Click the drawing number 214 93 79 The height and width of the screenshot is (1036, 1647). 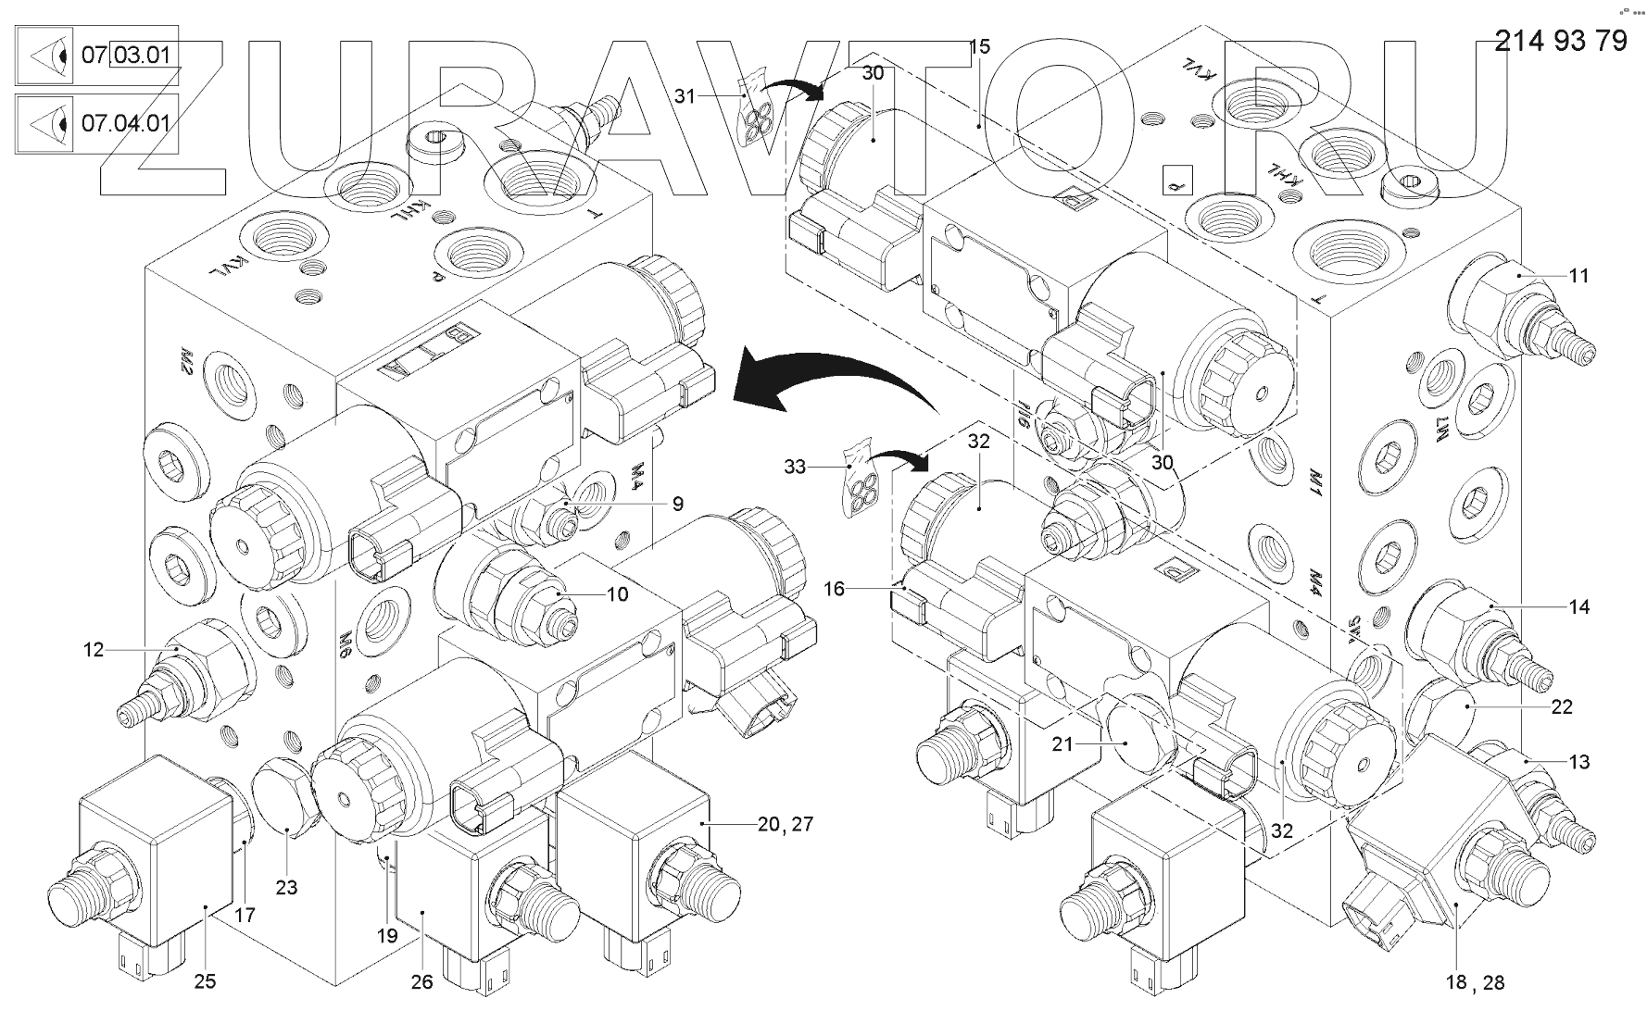[x=1562, y=41]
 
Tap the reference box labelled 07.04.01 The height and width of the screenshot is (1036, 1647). [x=97, y=122]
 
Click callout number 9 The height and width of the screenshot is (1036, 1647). [x=678, y=504]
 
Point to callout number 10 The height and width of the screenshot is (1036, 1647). [x=617, y=593]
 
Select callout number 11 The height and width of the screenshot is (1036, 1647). [x=1578, y=275]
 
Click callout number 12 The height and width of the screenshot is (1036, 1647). [x=94, y=650]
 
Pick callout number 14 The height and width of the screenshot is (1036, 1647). [x=1578, y=606]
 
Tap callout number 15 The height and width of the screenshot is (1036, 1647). [x=979, y=46]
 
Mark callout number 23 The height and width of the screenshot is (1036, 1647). [x=286, y=887]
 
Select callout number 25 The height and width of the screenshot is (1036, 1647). [x=205, y=980]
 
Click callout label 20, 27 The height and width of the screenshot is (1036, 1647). [x=785, y=823]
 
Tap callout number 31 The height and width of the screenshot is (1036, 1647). [x=685, y=95]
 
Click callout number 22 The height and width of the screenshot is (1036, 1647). [x=1562, y=706]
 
